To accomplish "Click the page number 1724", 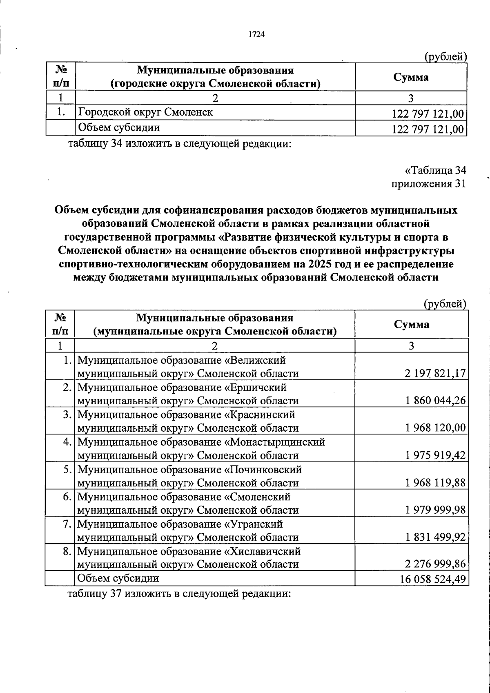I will (257, 35).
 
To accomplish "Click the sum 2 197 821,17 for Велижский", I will (435, 373).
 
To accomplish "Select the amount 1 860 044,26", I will (435, 401).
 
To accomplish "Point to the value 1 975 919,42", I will (435, 455).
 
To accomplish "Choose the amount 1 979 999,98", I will (435, 510).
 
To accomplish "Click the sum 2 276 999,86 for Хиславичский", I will (435, 564).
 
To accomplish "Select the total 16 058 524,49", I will (432, 579).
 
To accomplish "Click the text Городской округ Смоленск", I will (145, 112).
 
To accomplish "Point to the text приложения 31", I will (428, 184).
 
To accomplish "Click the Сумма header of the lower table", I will (412, 324).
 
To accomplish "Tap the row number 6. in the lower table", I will (67, 497).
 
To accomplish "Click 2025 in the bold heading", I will (321, 263).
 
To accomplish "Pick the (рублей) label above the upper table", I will (445, 57).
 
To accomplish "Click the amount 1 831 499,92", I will (435, 537).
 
